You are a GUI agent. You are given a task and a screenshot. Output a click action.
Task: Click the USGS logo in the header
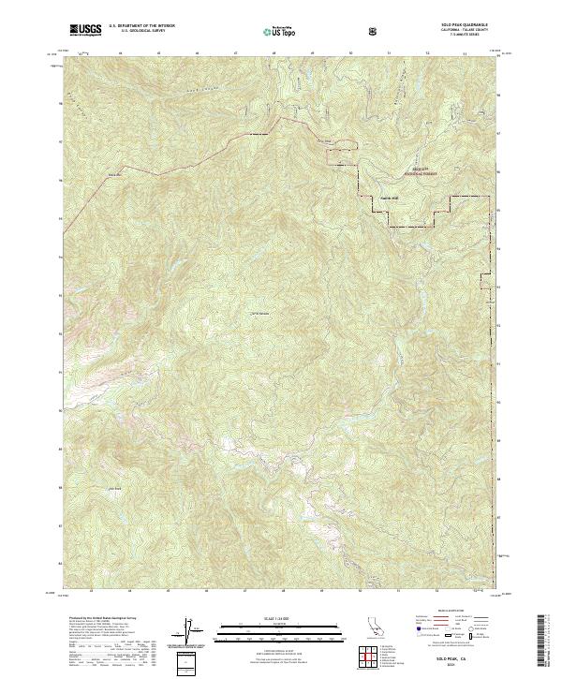pyautogui.click(x=83, y=31)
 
